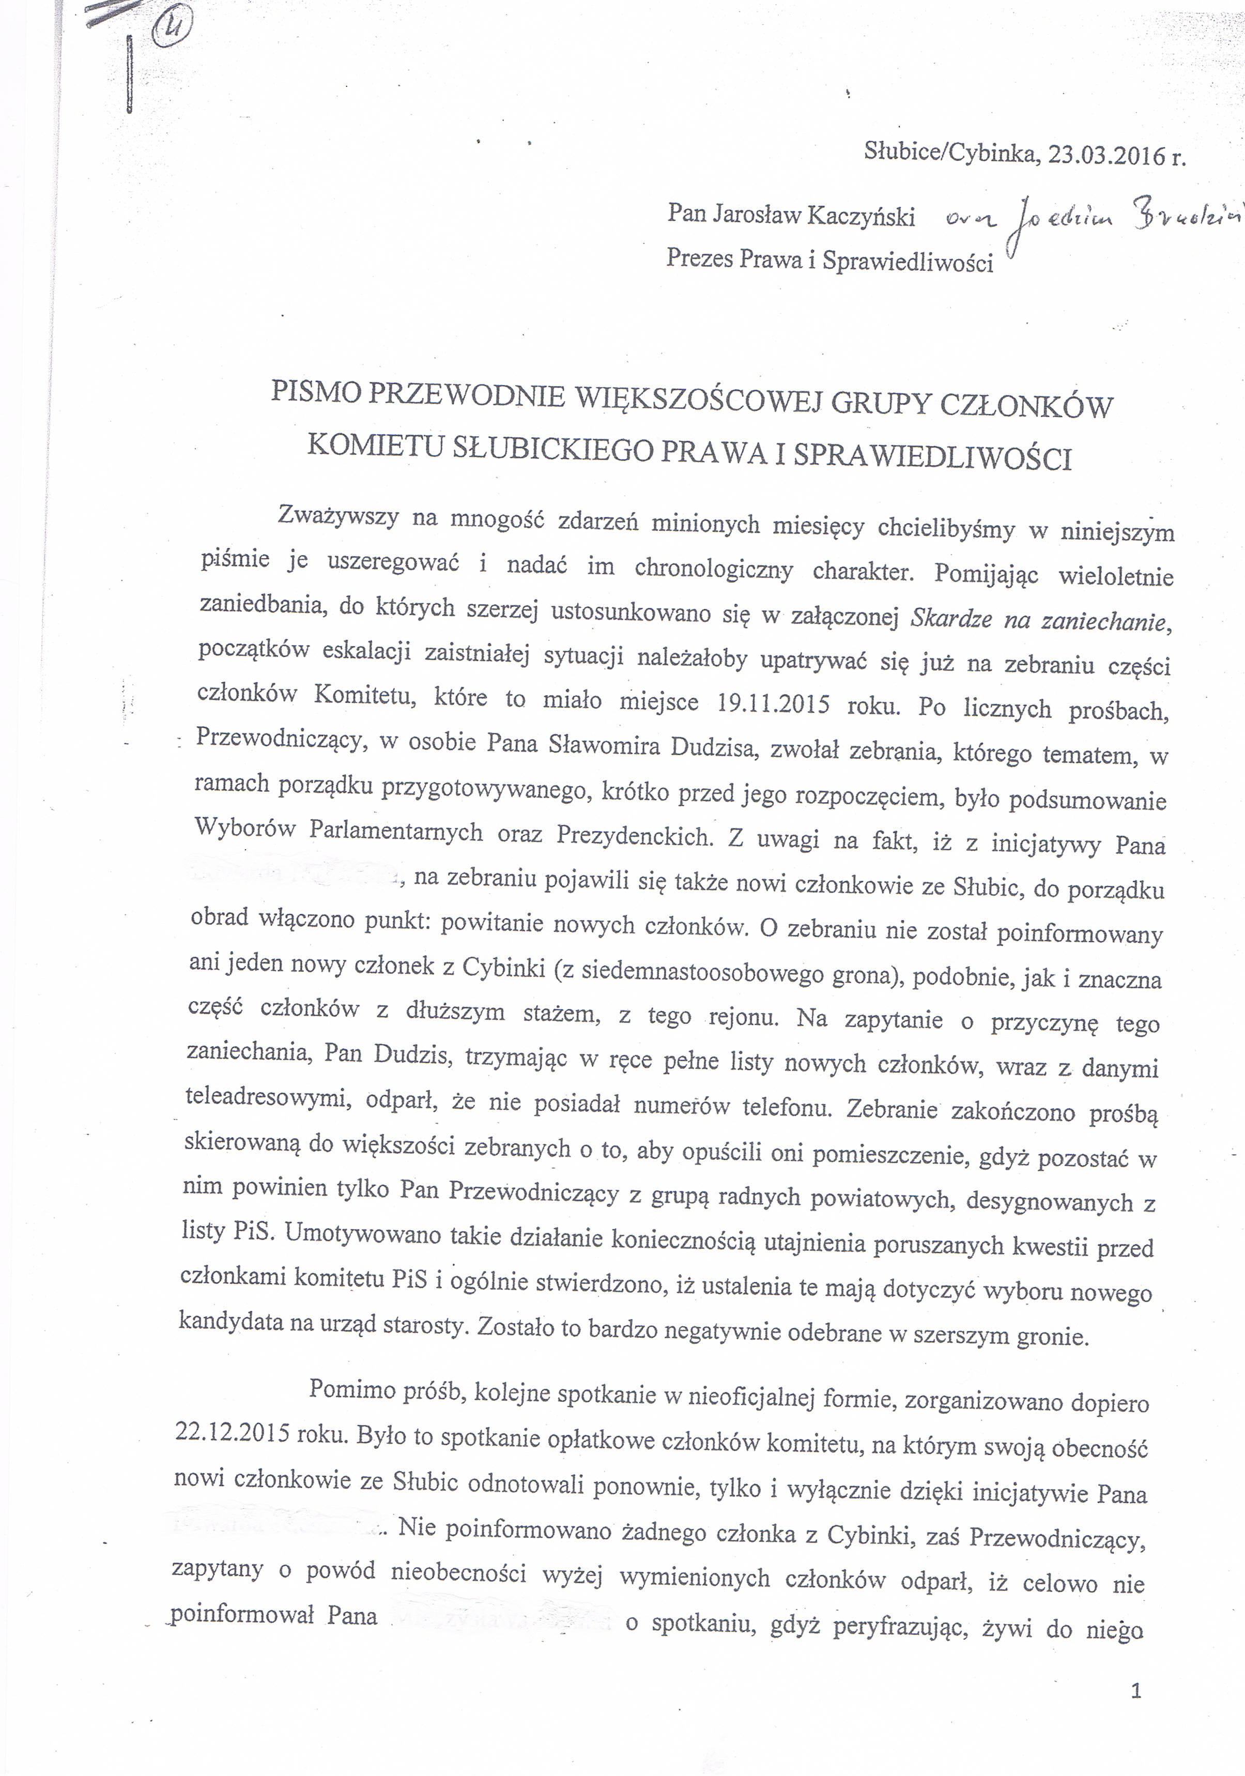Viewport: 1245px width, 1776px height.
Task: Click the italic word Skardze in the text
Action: coord(951,618)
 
